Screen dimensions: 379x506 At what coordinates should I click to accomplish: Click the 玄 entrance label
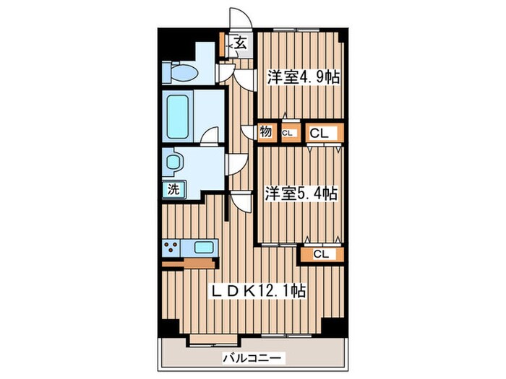[x=241, y=43]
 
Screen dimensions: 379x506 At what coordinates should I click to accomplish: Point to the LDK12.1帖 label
[x=257, y=290]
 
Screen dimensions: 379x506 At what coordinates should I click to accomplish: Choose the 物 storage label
[x=266, y=132]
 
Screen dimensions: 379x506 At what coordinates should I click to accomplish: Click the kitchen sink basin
[x=204, y=248]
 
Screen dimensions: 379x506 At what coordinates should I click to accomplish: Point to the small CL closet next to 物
[x=288, y=133]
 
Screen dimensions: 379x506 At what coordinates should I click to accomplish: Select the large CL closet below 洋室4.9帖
[x=320, y=133]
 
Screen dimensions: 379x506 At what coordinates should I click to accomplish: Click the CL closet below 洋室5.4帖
[x=321, y=253]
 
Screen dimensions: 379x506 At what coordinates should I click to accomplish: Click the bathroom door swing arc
[x=210, y=136]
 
